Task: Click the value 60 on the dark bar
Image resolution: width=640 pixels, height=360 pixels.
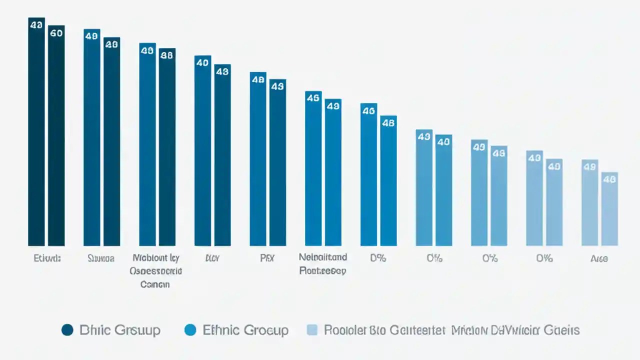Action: pyautogui.click(x=56, y=33)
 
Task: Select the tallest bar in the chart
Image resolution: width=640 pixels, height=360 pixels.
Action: pyautogui.click(x=36, y=135)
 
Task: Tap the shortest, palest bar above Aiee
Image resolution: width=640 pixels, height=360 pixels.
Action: pyautogui.click(x=609, y=210)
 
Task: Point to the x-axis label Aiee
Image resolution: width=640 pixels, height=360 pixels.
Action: pyautogui.click(x=599, y=258)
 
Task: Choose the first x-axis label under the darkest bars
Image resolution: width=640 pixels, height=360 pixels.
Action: pyautogui.click(x=47, y=258)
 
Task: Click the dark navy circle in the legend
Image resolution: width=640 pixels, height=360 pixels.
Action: pyautogui.click(x=67, y=330)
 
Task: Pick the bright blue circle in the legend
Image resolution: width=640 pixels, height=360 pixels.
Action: pyautogui.click(x=190, y=330)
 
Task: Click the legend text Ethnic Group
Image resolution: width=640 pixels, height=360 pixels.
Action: pyautogui.click(x=245, y=330)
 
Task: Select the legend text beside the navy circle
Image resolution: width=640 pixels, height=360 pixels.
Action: pyautogui.click(x=120, y=330)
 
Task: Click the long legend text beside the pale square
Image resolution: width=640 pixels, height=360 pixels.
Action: pyautogui.click(x=451, y=330)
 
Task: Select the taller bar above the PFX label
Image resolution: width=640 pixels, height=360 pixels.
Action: pyautogui.click(x=258, y=160)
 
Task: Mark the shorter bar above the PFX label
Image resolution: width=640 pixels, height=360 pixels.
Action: pyautogui.click(x=277, y=165)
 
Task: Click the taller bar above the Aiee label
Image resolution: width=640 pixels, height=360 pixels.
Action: pyautogui.click(x=589, y=205)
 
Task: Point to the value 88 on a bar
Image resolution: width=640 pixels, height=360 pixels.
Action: pyautogui.click(x=166, y=55)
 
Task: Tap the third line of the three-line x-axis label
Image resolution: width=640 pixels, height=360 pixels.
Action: pyautogui.click(x=154, y=284)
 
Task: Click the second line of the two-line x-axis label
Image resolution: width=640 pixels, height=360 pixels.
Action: pyautogui.click(x=322, y=271)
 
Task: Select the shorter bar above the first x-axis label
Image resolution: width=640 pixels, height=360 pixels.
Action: pyautogui.click(x=56, y=140)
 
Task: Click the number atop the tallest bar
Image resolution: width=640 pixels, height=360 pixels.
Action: pyautogui.click(x=36, y=24)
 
